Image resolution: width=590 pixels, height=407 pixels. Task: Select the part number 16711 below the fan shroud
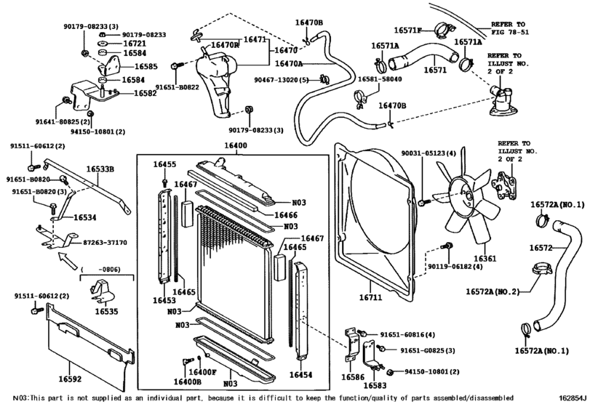click(370, 297)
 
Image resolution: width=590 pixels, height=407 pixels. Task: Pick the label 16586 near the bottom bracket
click(353, 378)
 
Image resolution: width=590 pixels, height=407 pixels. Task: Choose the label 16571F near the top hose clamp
click(408, 31)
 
